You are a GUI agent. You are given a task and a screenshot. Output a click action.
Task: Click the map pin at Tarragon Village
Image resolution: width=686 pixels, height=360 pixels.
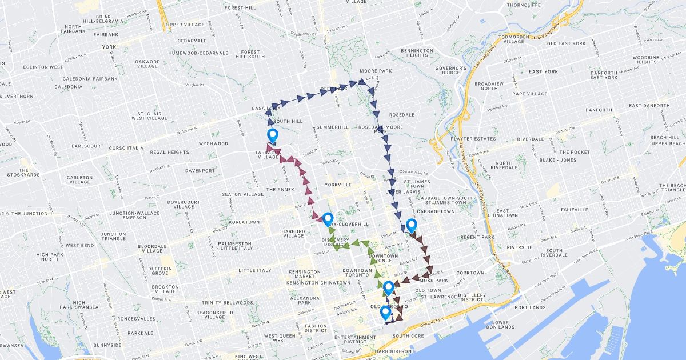click(x=273, y=136)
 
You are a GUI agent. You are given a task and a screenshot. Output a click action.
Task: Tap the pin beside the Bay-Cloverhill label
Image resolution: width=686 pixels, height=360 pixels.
click(x=328, y=219)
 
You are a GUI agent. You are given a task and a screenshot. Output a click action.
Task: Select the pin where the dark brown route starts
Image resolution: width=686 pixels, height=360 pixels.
click(x=411, y=226)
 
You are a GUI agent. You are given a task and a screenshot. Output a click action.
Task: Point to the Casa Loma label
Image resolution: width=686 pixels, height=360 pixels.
click(x=266, y=108)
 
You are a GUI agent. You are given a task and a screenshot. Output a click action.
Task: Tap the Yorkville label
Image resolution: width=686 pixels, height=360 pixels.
click(x=337, y=185)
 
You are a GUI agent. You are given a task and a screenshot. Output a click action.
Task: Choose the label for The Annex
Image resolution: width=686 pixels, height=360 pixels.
click(x=280, y=189)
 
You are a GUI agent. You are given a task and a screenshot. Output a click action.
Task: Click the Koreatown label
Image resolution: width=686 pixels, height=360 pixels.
click(x=244, y=222)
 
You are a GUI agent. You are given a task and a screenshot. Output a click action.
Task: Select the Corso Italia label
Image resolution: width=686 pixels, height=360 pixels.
click(x=126, y=148)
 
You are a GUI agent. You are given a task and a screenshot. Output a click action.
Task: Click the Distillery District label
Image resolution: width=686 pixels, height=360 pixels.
click(x=472, y=297)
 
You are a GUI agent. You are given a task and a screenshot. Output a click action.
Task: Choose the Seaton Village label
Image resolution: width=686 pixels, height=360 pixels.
click(x=243, y=194)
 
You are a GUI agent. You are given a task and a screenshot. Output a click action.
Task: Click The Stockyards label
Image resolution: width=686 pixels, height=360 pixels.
click(x=23, y=173)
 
